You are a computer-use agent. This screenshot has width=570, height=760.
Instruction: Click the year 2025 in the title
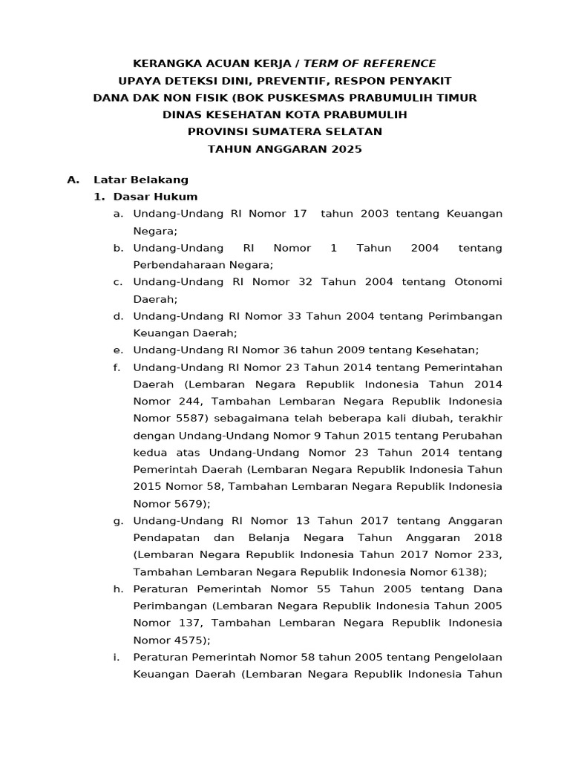point(347,148)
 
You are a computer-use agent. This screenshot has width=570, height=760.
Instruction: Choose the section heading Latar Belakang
point(141,180)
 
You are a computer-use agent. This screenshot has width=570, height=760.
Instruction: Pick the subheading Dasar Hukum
point(155,197)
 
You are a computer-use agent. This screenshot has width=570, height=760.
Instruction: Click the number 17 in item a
point(300,214)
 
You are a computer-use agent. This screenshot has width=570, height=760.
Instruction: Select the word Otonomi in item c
point(478,282)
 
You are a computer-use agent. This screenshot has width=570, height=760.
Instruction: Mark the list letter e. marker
point(117,350)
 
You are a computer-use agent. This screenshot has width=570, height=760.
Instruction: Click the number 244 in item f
point(189,402)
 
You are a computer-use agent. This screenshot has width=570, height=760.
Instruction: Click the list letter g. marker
point(118,520)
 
